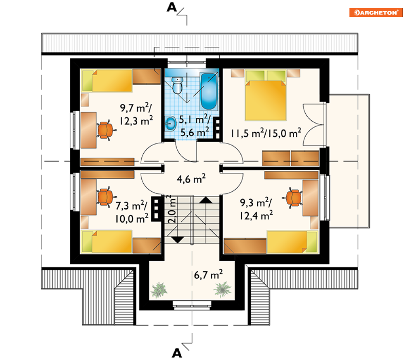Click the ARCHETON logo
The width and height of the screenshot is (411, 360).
click(375, 12)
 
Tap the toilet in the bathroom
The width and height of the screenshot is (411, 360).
click(178, 85)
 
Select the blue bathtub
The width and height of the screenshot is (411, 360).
click(209, 91)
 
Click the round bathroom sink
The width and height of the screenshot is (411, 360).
click(171, 123)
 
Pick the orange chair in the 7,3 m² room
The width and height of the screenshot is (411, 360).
click(106, 197)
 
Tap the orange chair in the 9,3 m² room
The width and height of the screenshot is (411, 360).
click(292, 198)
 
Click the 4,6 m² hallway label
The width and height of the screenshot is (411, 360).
click(191, 179)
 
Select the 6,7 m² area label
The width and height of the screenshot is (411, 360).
click(208, 274)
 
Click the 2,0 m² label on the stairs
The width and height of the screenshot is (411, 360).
click(172, 209)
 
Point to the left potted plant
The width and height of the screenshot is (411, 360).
click(159, 290)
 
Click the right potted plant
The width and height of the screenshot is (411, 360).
click(222, 289)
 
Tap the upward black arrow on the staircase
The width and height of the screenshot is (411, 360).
click(206, 200)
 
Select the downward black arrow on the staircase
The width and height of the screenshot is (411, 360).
click(178, 240)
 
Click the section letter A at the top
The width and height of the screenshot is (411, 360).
click(172, 7)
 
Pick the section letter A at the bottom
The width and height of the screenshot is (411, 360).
click(177, 353)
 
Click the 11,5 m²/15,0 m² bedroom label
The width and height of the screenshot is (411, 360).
click(266, 133)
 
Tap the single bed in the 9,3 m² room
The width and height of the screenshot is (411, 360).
click(292, 242)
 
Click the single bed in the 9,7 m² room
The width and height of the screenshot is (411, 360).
click(107, 81)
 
